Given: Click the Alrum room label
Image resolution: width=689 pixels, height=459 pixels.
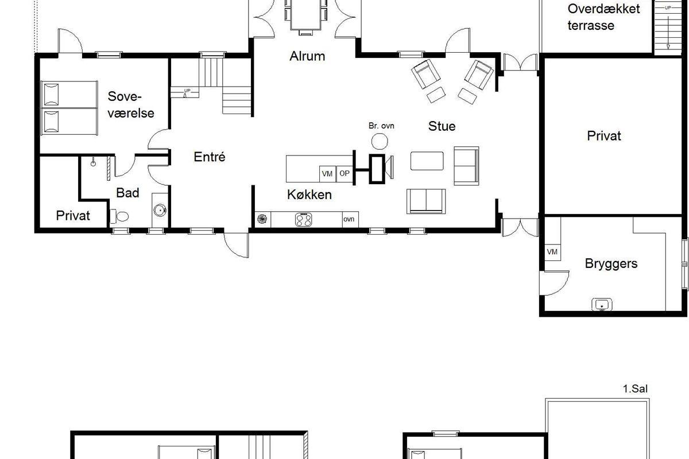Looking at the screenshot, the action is [x=307, y=56].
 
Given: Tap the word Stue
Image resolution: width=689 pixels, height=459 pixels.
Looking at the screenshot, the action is [x=442, y=126].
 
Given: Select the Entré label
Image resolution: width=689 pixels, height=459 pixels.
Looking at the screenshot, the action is [x=210, y=157].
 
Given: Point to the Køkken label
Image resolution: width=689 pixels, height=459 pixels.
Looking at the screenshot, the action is [x=309, y=195].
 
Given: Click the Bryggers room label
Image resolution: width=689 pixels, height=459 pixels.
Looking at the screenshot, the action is [x=611, y=264].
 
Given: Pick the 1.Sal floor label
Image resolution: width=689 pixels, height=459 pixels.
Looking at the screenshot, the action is [x=635, y=388].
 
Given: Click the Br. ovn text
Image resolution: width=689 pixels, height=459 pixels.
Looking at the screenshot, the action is [x=381, y=126].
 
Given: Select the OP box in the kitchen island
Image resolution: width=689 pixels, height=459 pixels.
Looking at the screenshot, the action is [x=344, y=173].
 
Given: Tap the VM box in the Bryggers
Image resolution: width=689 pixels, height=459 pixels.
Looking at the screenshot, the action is [x=552, y=252].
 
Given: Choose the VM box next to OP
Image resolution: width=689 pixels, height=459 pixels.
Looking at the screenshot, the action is [x=327, y=174].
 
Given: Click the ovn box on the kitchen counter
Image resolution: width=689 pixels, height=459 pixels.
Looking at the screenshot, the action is [x=350, y=219].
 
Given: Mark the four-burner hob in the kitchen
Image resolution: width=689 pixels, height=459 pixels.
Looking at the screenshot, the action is [x=303, y=220].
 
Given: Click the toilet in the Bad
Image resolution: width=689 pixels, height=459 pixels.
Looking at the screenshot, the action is [x=119, y=216].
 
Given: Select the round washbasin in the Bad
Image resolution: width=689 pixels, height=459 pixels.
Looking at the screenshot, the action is [x=160, y=211].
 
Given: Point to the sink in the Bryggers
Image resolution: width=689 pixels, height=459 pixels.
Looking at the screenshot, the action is [x=602, y=304].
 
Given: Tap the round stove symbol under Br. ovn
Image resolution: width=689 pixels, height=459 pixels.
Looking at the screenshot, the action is [x=380, y=141].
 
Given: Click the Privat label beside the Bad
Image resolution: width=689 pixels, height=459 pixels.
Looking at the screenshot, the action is [x=73, y=216].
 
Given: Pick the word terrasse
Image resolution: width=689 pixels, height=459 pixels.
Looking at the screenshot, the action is [x=591, y=25].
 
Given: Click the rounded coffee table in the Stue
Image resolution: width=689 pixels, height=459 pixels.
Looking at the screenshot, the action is [x=427, y=161].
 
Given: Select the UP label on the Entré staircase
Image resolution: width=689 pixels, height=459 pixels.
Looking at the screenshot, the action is [x=187, y=91].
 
